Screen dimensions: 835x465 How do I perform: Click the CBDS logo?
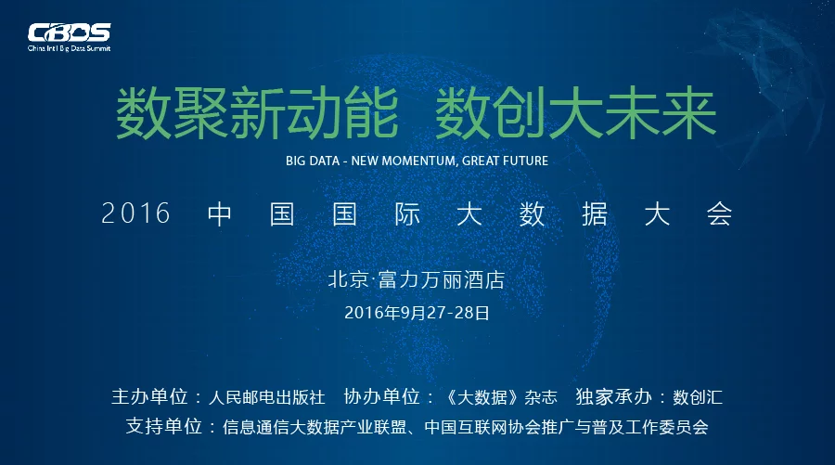point(70,32)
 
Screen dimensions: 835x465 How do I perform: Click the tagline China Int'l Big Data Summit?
point(70,48)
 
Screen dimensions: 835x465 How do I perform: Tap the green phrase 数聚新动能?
point(257,113)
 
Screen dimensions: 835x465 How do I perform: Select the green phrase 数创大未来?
point(575,113)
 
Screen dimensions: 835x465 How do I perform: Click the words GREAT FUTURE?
point(505,161)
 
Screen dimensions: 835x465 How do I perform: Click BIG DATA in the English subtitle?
point(313,161)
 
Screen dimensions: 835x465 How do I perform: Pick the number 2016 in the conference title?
point(135,213)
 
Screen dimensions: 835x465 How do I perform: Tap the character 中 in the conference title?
point(219,214)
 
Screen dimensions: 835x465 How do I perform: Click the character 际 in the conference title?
point(407,214)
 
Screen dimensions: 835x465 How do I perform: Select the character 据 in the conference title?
point(595,214)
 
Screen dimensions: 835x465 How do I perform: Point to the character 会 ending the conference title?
point(719,214)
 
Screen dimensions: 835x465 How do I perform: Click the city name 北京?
point(348,279)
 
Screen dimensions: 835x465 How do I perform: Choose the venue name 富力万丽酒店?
point(442,279)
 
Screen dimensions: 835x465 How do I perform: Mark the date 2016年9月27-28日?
point(417,313)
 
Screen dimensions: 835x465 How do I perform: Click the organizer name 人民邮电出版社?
point(266,397)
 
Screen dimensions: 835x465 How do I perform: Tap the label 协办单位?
point(382,397)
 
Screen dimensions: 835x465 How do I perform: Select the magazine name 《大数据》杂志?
point(501,397)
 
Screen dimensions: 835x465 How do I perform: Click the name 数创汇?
point(698,397)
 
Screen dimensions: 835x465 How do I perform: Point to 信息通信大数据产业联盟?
point(315,427)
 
